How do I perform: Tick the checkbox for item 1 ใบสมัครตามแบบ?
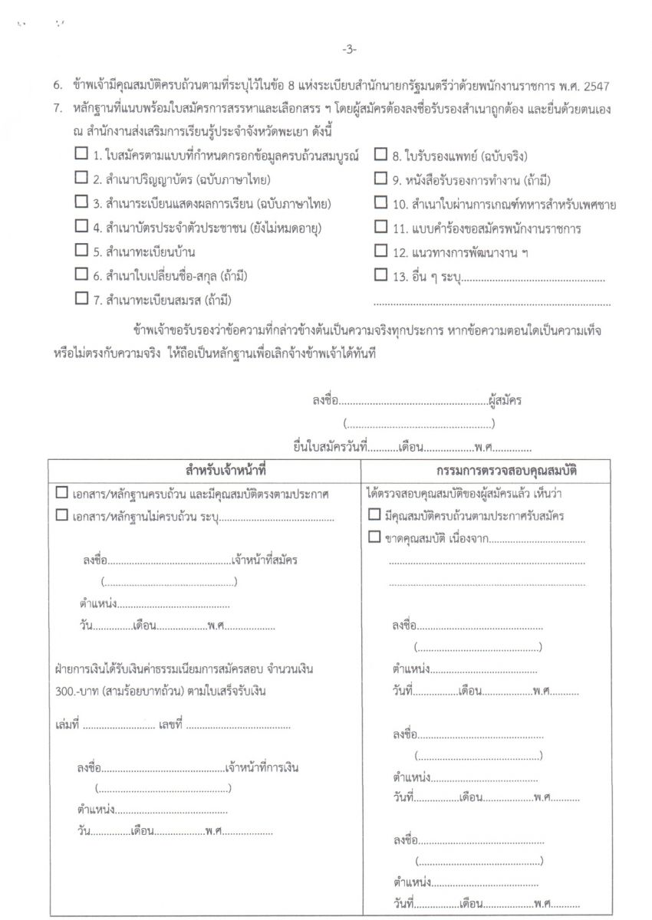(81, 154)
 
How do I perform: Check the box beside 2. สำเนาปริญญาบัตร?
(81, 178)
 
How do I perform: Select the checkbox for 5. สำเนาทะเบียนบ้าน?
(81, 250)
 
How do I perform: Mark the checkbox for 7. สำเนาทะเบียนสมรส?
(81, 298)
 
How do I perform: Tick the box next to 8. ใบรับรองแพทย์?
(380, 154)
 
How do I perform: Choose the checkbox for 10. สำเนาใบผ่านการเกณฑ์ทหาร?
(380, 202)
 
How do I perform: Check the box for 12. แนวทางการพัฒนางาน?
(380, 250)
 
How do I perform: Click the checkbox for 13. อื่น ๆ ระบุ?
(380, 274)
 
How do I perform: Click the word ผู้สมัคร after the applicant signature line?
(505, 400)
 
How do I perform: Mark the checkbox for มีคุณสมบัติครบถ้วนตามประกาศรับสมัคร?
(374, 514)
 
